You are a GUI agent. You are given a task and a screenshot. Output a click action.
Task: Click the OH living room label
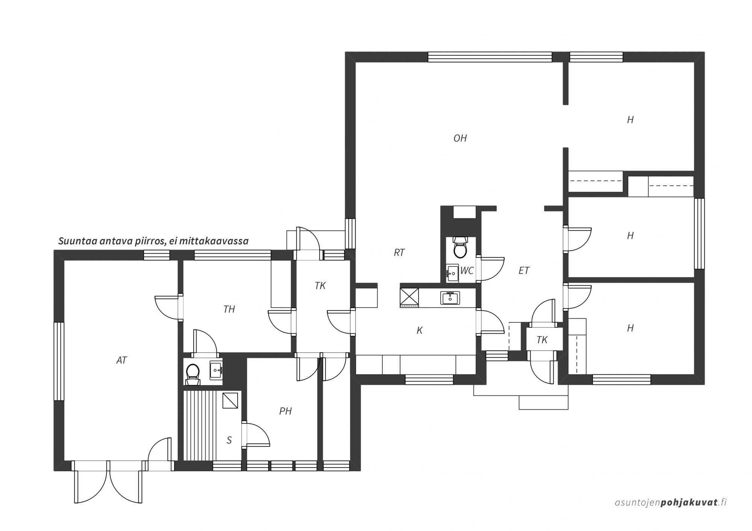coord(460,138)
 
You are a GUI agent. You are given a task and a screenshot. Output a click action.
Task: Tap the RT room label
coord(399,253)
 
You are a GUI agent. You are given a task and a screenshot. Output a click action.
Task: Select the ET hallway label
coord(524,270)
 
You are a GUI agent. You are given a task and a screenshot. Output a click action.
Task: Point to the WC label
coord(467,271)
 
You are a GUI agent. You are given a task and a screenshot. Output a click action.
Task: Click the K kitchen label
coord(420,330)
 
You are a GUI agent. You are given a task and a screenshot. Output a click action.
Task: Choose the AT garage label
coord(121,360)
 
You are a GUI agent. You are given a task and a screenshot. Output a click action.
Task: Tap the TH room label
coord(229,309)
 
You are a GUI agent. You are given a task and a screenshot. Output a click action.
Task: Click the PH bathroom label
coord(285,411)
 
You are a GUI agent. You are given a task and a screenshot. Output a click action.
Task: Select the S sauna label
coord(229,440)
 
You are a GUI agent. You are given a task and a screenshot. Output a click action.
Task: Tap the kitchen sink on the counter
coord(450,298)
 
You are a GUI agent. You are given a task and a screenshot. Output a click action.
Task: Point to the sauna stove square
coord(230,400)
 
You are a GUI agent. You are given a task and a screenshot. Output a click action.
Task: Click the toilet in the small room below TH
coord(193,372)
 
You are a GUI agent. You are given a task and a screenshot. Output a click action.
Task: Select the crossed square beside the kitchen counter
coord(409,297)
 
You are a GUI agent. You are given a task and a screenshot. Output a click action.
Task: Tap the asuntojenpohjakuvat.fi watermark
coord(670,502)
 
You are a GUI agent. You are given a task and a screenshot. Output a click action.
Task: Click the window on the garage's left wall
coord(59,361)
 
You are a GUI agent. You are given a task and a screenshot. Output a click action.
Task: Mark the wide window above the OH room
coord(490,57)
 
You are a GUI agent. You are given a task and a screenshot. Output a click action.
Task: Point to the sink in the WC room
coord(452,273)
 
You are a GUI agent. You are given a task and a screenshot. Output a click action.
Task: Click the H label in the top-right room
coord(630,120)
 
